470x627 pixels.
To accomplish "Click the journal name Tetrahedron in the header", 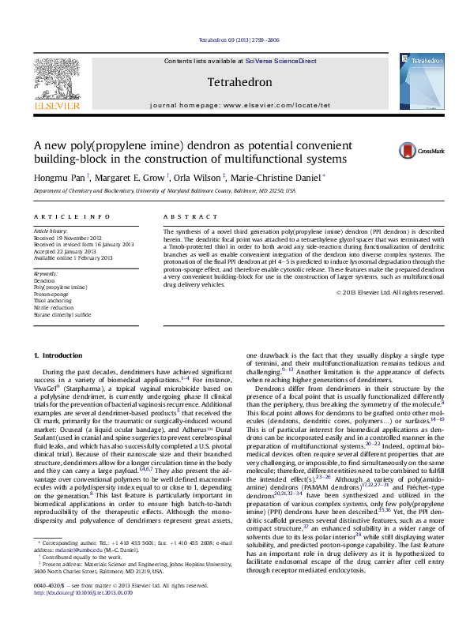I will (x=239, y=82).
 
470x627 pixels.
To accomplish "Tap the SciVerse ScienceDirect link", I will (x=280, y=61).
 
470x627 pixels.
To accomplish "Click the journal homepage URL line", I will (x=239, y=104).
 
